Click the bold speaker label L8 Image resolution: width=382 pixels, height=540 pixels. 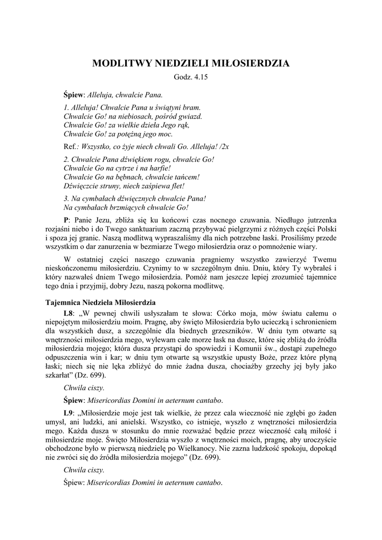coord(68,314)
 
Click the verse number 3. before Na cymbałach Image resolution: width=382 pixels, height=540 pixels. coord(66,199)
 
